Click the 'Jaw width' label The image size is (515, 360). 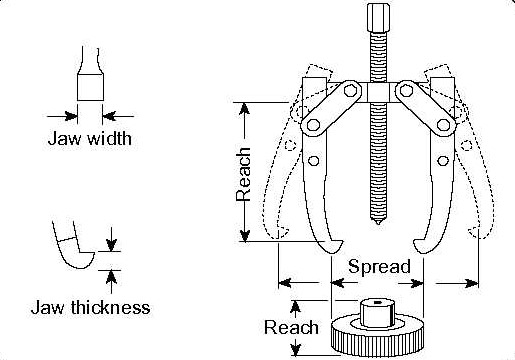(90, 138)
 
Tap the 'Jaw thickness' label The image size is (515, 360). (90, 307)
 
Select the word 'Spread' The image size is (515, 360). (379, 267)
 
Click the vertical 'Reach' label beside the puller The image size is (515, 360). (243, 174)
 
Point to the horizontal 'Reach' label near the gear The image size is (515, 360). (291, 327)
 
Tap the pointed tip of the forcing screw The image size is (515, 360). (378, 221)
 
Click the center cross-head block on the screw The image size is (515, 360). (378, 92)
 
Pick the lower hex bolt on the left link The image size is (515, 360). (313, 125)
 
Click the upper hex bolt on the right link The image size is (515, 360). (406, 90)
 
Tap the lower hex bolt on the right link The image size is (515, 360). (443, 125)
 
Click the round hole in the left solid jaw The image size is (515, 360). (313, 161)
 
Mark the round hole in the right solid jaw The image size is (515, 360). (443, 161)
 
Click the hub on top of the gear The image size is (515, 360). (378, 313)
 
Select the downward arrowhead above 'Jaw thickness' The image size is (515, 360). (111, 246)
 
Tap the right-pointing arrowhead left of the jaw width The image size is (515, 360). (71, 116)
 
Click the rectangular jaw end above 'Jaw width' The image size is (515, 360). (90, 87)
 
